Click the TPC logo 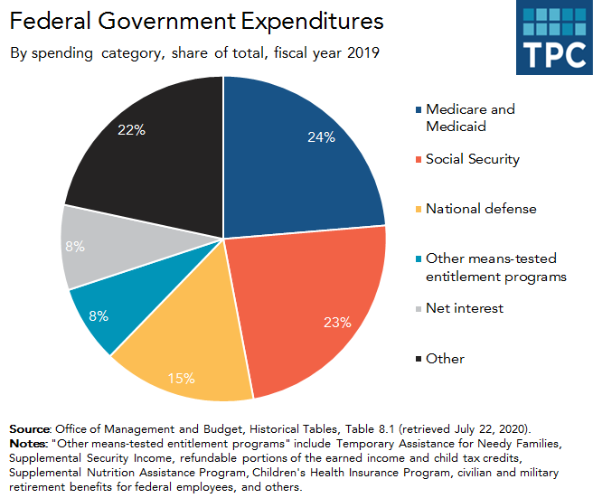tap(554, 37)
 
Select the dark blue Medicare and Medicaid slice tap(298, 154)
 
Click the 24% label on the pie tap(321, 137)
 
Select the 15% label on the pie tap(180, 377)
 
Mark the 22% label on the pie tap(131, 129)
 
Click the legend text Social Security tap(473, 159)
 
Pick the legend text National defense tap(481, 209)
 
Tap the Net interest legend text tap(465, 308)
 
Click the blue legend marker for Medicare tap(418, 110)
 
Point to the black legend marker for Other tap(418, 359)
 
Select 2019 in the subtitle tap(361, 52)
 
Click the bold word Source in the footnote tap(30, 428)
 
